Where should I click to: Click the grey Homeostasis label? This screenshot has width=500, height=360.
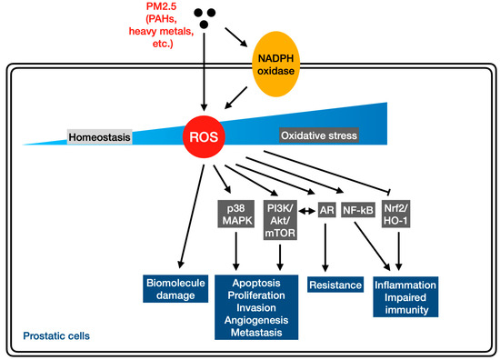point(100,137)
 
